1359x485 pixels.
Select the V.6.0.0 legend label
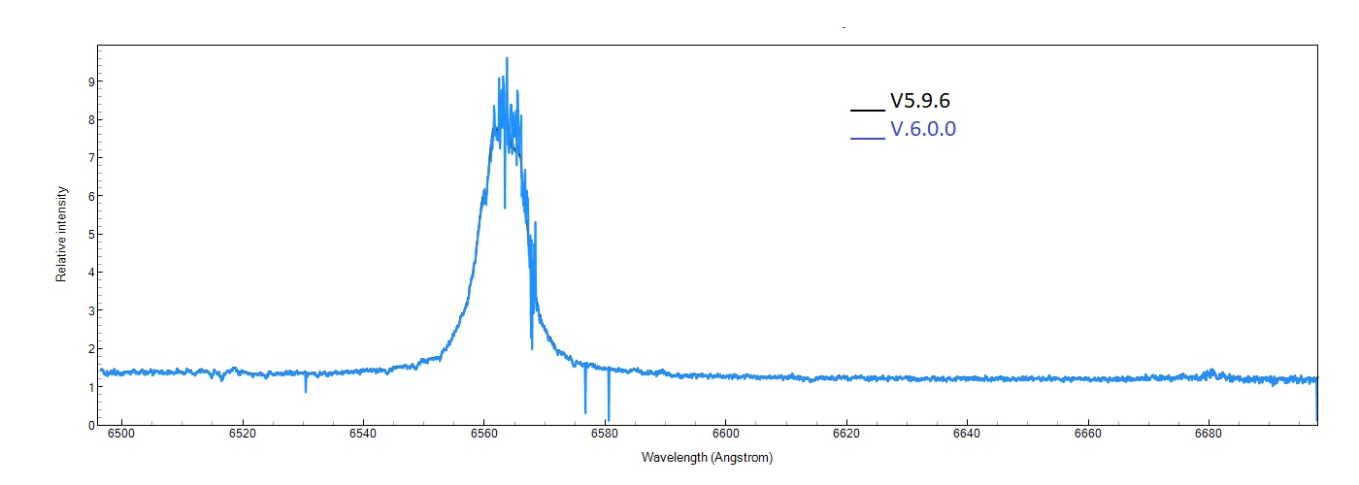coord(923,129)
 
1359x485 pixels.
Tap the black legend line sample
coord(867,109)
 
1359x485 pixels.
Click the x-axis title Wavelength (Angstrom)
coord(707,457)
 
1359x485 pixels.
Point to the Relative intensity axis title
coord(61,234)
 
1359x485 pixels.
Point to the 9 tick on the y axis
coord(90,82)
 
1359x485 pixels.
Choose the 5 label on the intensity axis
coord(90,235)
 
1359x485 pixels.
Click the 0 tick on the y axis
coord(90,425)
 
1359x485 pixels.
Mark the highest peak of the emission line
coord(507,59)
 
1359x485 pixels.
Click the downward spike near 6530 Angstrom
coord(306,388)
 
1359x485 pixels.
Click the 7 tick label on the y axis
coord(90,158)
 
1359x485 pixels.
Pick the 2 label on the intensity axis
coord(90,349)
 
